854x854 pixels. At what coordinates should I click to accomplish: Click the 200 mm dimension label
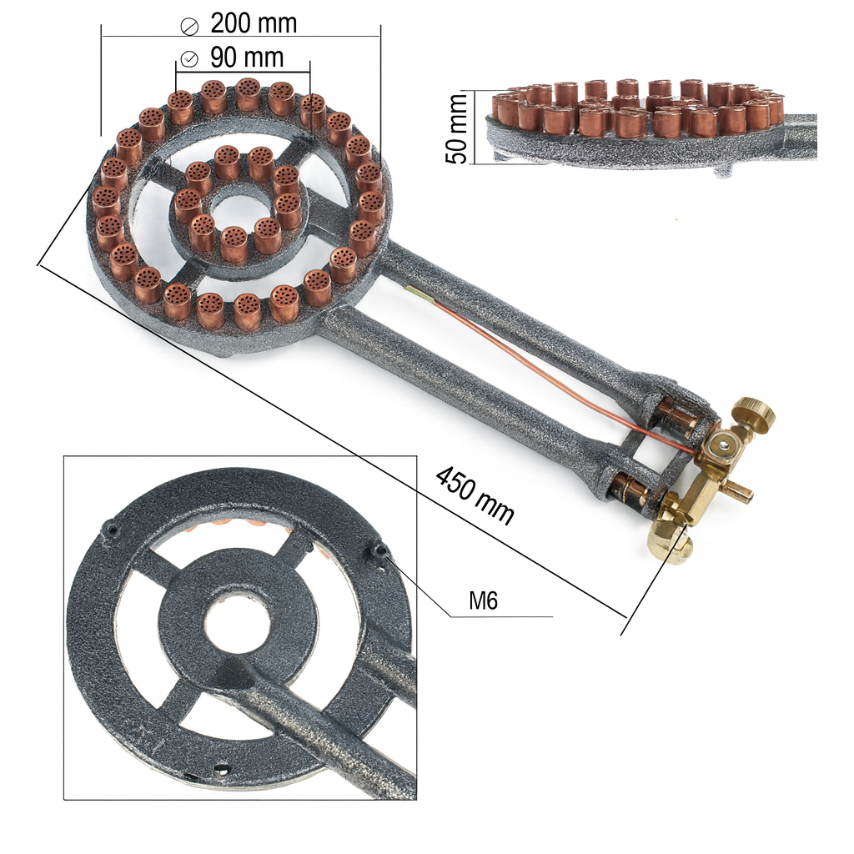point(254,23)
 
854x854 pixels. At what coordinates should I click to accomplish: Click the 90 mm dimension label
point(247,58)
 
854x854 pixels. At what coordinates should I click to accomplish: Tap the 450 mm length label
point(475,495)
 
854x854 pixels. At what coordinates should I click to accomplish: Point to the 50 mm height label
point(456,128)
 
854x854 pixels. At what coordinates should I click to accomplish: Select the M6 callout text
point(484,600)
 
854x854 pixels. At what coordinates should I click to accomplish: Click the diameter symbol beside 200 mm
point(189,26)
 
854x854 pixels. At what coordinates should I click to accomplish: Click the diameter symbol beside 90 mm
point(189,59)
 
